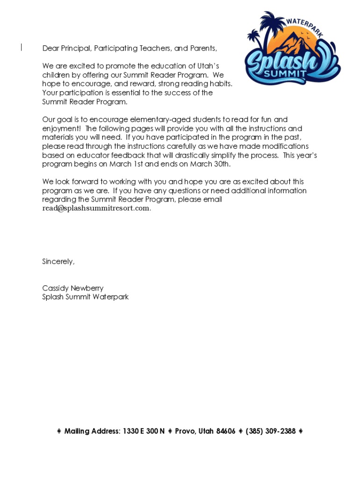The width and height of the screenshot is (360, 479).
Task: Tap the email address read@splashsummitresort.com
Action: [x=96, y=208]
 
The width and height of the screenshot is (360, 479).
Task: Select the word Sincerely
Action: [x=58, y=261]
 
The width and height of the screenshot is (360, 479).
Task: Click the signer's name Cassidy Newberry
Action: [x=73, y=288]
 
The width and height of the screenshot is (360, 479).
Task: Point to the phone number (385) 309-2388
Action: [x=271, y=431]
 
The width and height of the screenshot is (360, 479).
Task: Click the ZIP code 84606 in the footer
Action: [x=226, y=431]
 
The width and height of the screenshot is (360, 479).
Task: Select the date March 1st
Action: [x=130, y=164]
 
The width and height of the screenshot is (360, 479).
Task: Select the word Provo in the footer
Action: [x=186, y=431]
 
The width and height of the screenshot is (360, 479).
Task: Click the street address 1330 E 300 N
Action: [x=144, y=431]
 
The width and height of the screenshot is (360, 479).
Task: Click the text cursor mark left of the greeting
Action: [x=22, y=47]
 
